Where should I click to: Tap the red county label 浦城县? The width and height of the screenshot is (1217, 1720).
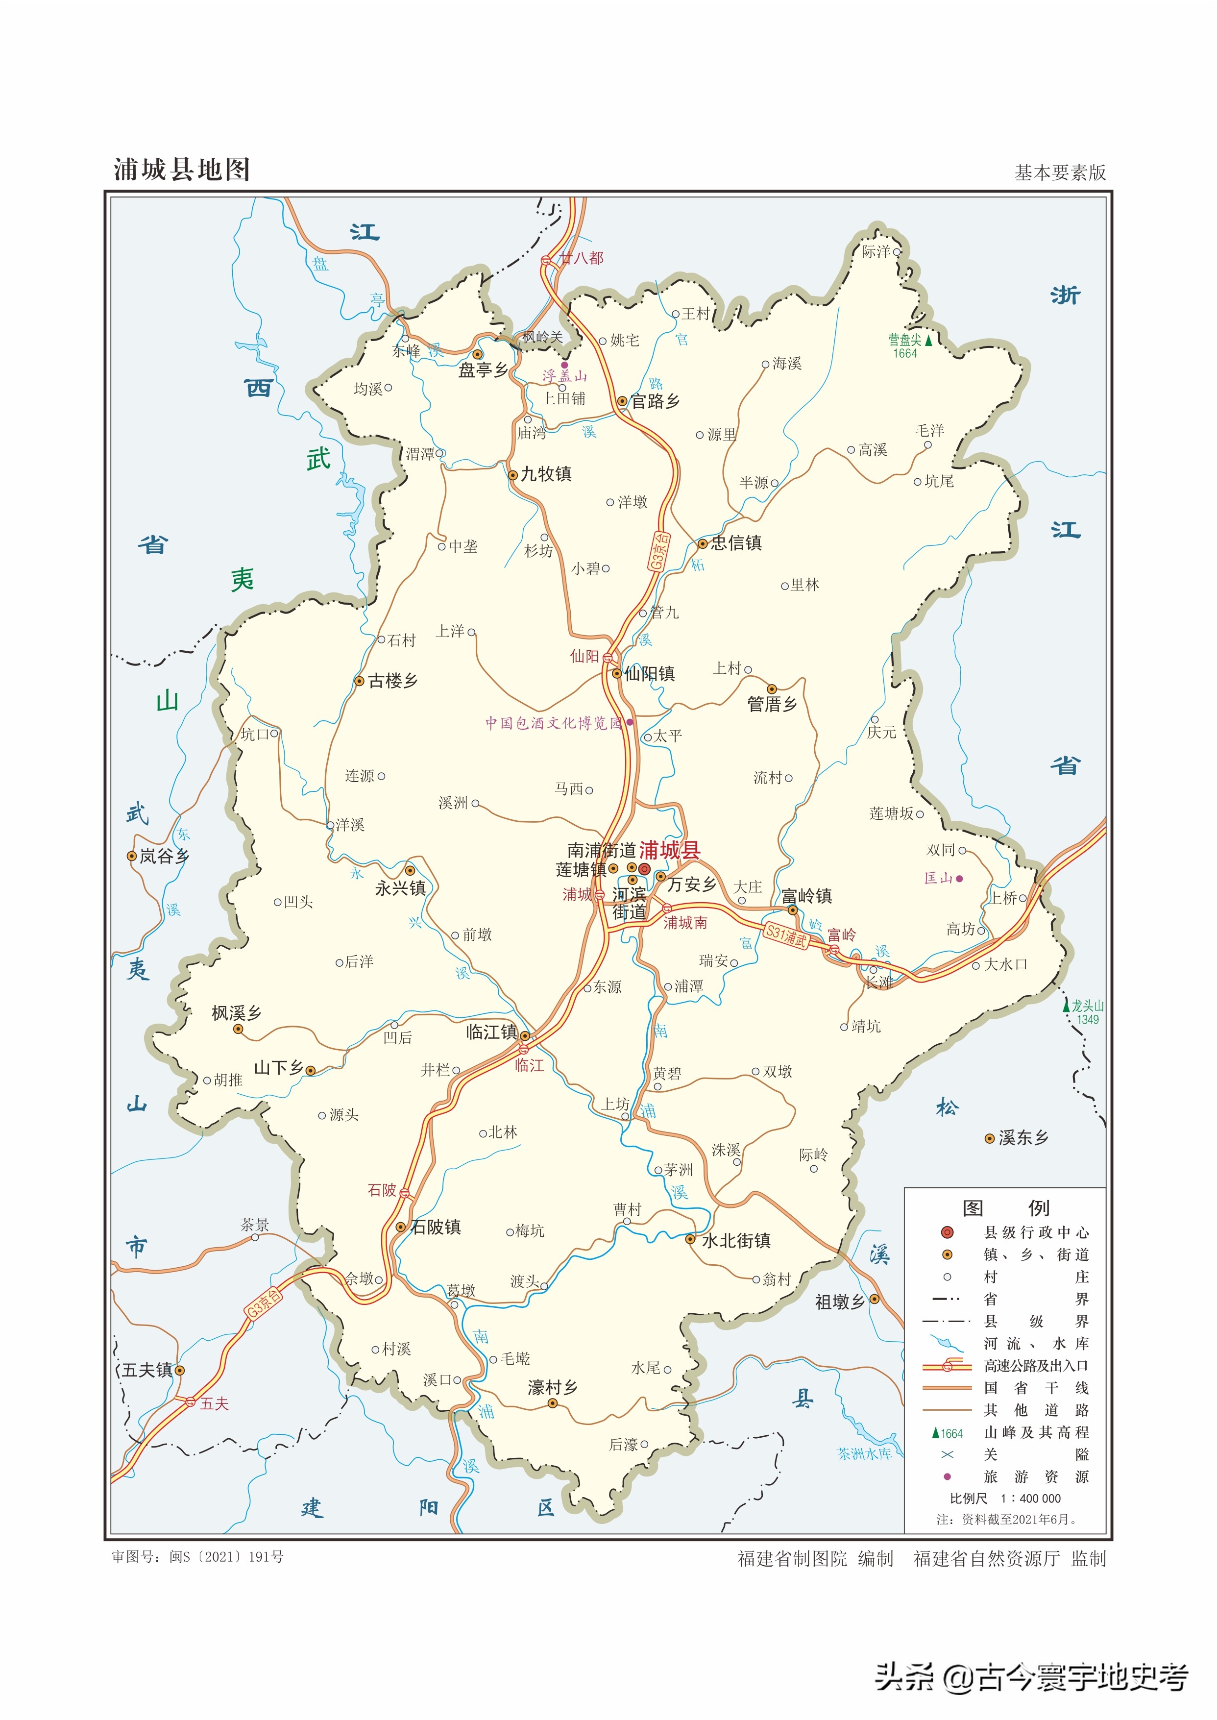tap(669, 850)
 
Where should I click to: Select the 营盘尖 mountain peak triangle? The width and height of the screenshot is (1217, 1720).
tap(928, 340)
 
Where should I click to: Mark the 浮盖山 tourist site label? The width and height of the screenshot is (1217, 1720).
tap(564, 377)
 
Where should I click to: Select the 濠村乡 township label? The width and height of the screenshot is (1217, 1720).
tap(552, 1387)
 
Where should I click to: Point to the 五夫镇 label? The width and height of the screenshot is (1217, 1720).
tap(147, 1371)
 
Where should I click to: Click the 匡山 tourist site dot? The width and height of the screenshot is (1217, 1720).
tap(959, 878)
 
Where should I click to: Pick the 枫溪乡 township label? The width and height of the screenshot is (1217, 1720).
tap(237, 1014)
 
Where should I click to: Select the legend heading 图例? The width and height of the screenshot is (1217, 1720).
tap(1005, 1207)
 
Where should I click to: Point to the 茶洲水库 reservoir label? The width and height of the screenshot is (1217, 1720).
tap(864, 1454)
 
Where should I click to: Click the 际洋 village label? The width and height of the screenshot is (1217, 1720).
tap(876, 252)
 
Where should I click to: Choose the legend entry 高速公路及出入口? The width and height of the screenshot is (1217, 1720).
tap(1036, 1366)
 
